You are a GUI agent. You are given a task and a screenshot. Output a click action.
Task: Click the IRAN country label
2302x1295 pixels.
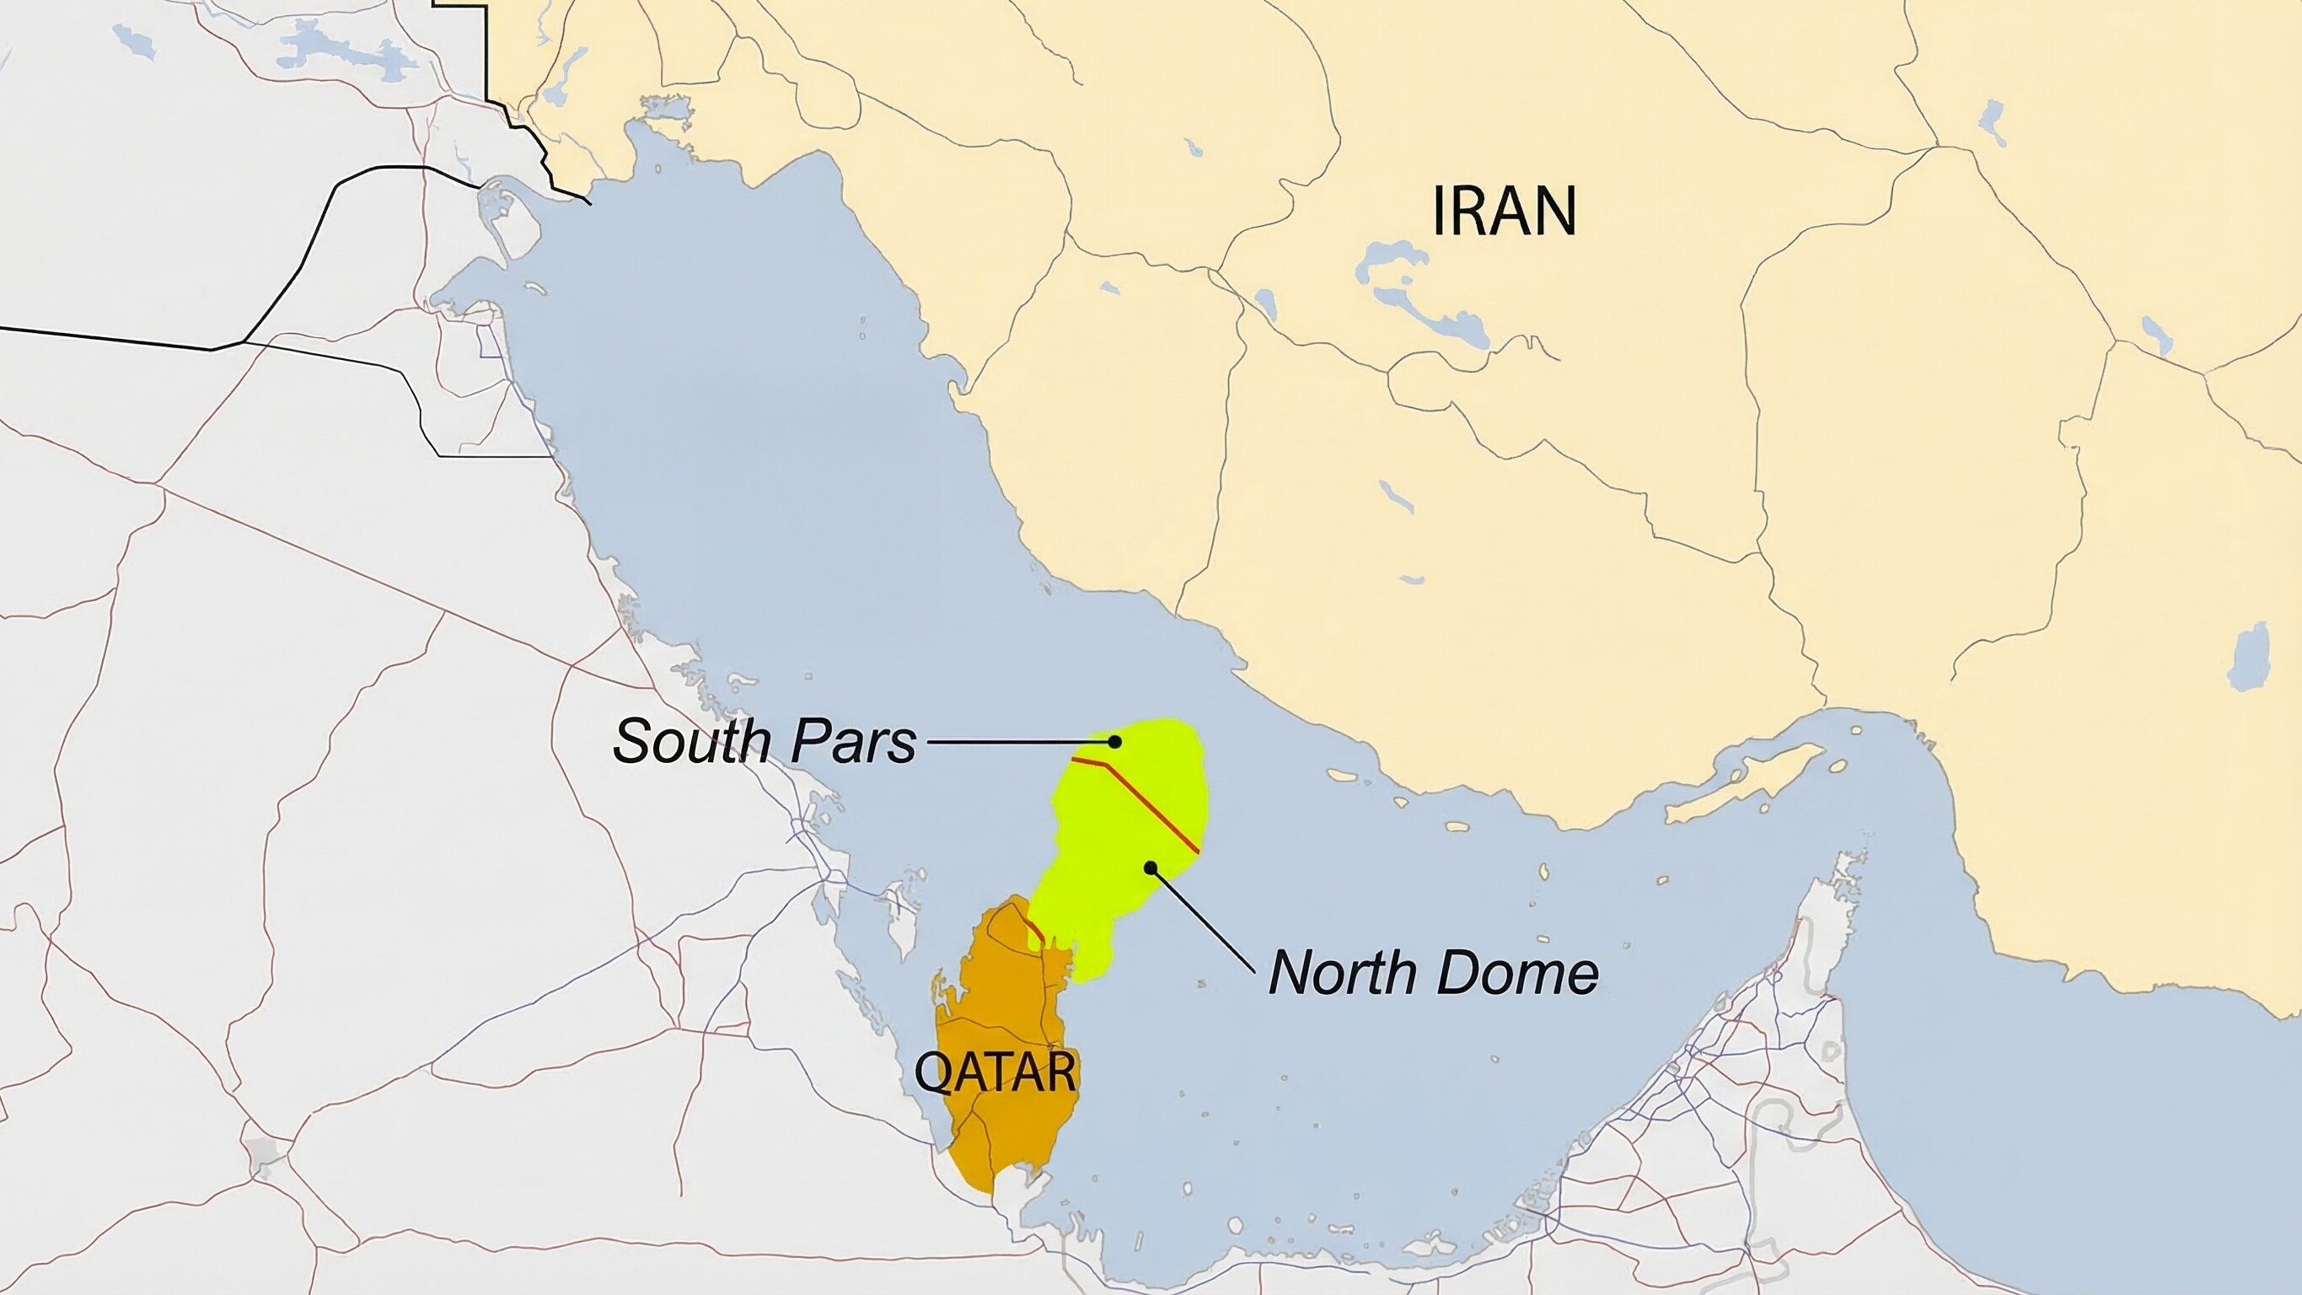(1504, 211)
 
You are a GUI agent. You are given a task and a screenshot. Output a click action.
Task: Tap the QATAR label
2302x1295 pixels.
(995, 1072)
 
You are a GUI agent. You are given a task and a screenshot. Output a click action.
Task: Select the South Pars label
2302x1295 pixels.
(765, 741)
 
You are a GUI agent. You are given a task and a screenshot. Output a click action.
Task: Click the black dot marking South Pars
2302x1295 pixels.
(1114, 741)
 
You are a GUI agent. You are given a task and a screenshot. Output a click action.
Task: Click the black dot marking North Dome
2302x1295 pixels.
(1151, 867)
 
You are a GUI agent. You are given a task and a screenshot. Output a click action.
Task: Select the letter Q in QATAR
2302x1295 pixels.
(932, 1072)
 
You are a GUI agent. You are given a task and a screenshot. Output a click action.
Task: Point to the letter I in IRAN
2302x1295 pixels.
(1439, 211)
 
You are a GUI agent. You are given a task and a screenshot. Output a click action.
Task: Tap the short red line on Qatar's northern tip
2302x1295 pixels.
(1035, 929)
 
